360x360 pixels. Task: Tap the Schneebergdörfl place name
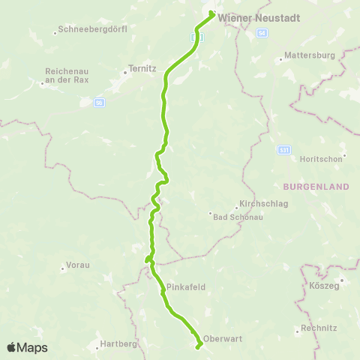coord(94,29)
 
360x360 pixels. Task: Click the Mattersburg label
coord(307,56)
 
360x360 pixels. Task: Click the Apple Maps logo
coord(28,347)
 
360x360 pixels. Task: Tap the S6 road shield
coord(98,102)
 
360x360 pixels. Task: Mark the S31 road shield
coord(283,151)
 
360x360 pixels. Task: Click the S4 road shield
coord(262,34)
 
